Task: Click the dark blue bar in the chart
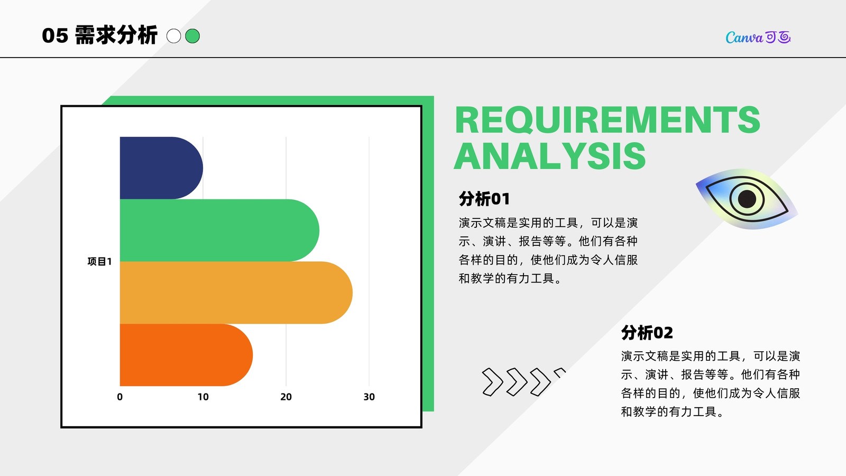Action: pyautogui.click(x=161, y=168)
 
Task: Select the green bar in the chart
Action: pyautogui.click(x=219, y=230)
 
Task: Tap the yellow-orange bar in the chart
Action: pyautogui.click(x=236, y=292)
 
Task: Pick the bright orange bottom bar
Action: pyautogui.click(x=186, y=355)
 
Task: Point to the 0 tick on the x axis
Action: pyautogui.click(x=119, y=397)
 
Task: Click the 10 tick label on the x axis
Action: pyautogui.click(x=203, y=397)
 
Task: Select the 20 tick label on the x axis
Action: pyautogui.click(x=286, y=397)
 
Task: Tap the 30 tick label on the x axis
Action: pyautogui.click(x=369, y=397)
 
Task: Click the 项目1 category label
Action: pyautogui.click(x=100, y=261)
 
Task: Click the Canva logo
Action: pyautogui.click(x=758, y=37)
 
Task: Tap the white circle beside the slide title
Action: pyautogui.click(x=174, y=36)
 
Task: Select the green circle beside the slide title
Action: pyautogui.click(x=192, y=36)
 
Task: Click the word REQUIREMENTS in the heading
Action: pyautogui.click(x=608, y=120)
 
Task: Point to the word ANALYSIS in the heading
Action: pyautogui.click(x=550, y=156)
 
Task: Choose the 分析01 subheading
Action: pyautogui.click(x=484, y=199)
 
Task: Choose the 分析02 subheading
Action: pyautogui.click(x=647, y=333)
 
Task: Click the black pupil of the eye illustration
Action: pyautogui.click(x=747, y=199)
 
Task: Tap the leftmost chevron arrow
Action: pyautogui.click(x=492, y=382)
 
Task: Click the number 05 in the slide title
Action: pyautogui.click(x=55, y=36)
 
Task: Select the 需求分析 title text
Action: pyautogui.click(x=116, y=35)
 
